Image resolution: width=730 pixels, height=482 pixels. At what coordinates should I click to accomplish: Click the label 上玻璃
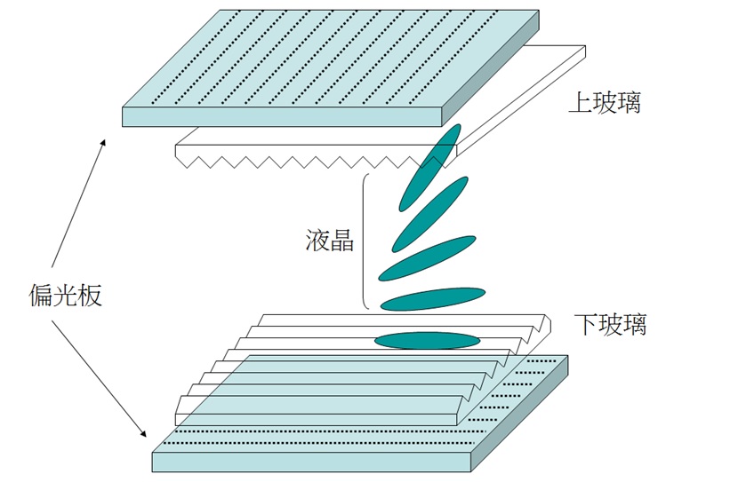(x=605, y=103)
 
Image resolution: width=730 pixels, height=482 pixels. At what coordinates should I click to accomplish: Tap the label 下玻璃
(x=610, y=324)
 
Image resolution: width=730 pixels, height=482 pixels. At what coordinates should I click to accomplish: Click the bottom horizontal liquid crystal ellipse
(x=427, y=340)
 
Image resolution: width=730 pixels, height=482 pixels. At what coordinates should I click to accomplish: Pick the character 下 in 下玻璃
(x=585, y=324)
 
